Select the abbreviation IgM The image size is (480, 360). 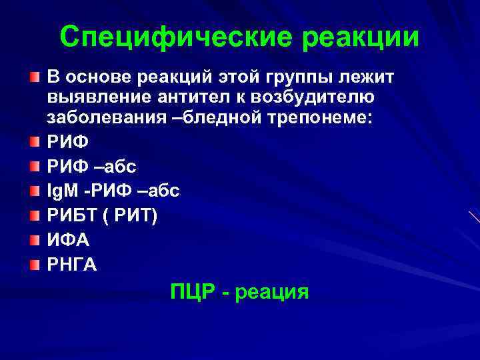[x=61, y=191]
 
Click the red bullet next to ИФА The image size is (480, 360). [x=35, y=239]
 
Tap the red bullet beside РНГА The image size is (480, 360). [x=35, y=264]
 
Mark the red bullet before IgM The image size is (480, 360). [x=35, y=190]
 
